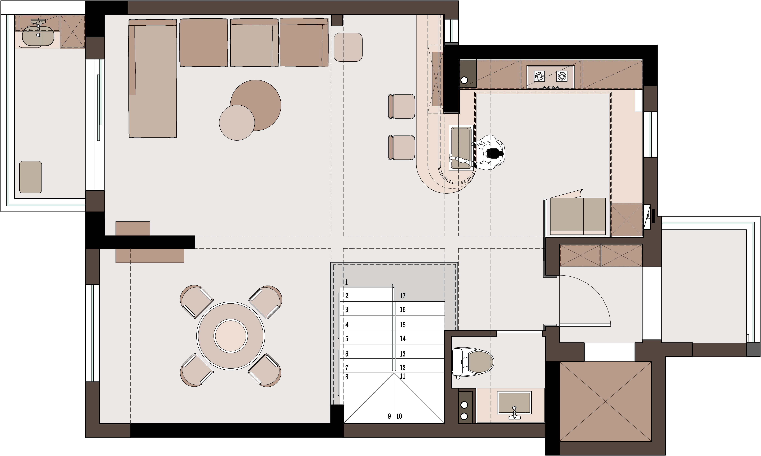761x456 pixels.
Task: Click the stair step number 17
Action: click(403, 296)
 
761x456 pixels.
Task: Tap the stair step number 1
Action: click(346, 282)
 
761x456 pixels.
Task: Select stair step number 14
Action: click(403, 339)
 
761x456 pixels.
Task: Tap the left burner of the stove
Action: click(539, 76)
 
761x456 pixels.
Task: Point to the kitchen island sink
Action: click(461, 147)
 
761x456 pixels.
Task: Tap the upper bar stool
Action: click(402, 106)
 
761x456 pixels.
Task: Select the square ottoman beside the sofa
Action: click(348, 47)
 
